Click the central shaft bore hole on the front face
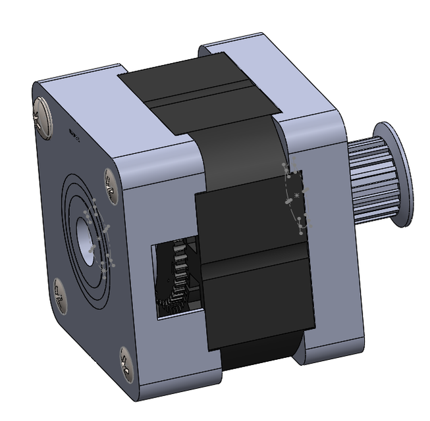pos(86,237)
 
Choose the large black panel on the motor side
pos(257,263)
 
